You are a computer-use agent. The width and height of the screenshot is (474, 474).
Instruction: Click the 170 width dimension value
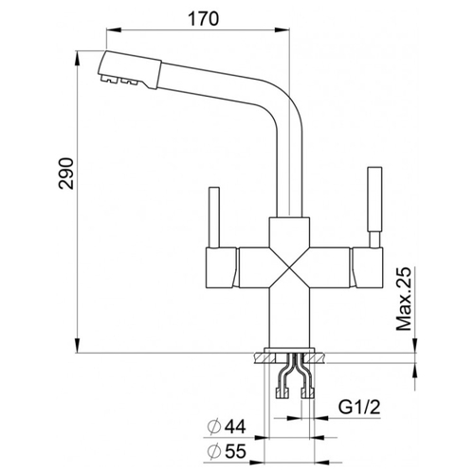(203, 19)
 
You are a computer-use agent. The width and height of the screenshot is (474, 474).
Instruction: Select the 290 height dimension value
(66, 173)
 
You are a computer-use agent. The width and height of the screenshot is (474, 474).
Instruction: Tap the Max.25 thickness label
(404, 299)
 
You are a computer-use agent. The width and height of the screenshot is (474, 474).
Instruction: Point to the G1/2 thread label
(359, 407)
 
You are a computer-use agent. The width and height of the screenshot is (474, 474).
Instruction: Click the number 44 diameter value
(234, 428)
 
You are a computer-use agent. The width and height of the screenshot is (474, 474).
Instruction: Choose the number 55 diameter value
(235, 451)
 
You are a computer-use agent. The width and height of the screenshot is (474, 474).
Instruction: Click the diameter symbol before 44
(213, 428)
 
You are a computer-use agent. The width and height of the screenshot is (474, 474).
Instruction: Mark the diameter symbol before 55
(213, 451)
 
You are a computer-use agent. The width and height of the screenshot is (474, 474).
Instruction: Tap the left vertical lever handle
(214, 217)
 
